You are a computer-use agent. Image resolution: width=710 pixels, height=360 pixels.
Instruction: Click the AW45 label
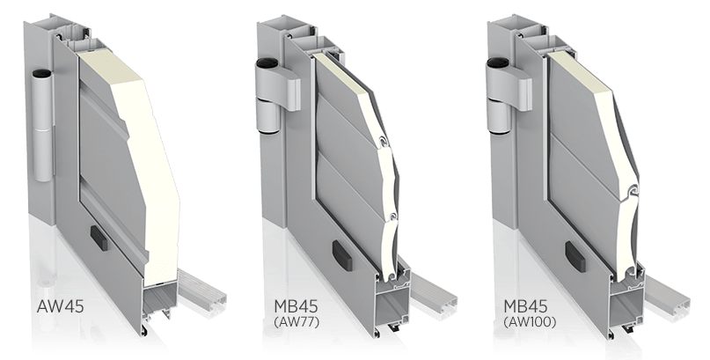(60, 306)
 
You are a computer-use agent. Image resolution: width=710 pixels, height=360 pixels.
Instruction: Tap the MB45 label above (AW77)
(296, 306)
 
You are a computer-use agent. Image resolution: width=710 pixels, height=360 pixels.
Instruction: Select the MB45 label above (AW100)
(525, 306)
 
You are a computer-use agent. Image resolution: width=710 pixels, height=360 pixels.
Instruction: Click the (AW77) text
(296, 322)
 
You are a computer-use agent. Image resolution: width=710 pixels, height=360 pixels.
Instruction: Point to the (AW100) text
(530, 322)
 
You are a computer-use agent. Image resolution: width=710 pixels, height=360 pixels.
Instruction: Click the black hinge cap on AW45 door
(42, 72)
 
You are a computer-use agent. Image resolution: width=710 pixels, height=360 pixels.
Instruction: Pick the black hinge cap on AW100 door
(496, 62)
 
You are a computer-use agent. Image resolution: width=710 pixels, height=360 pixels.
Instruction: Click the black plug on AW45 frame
(99, 239)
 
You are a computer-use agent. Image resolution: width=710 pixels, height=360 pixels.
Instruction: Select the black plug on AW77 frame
(341, 256)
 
